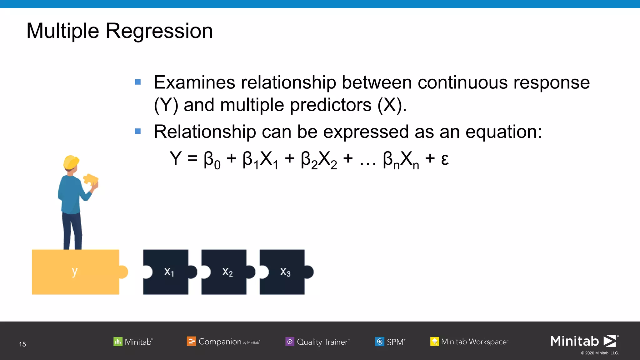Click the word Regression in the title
tap(159, 31)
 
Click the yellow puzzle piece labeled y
tap(75, 272)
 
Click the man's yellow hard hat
tap(71, 162)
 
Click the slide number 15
tap(22, 344)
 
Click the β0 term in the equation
tap(212, 160)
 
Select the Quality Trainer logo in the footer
tap(317, 342)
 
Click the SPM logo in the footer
tap(390, 342)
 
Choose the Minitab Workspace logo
tap(469, 342)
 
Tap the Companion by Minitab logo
tap(223, 342)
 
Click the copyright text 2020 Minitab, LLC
tap(600, 353)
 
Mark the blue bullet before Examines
tap(138, 82)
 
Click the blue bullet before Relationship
tap(138, 131)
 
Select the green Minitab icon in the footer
tap(118, 342)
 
